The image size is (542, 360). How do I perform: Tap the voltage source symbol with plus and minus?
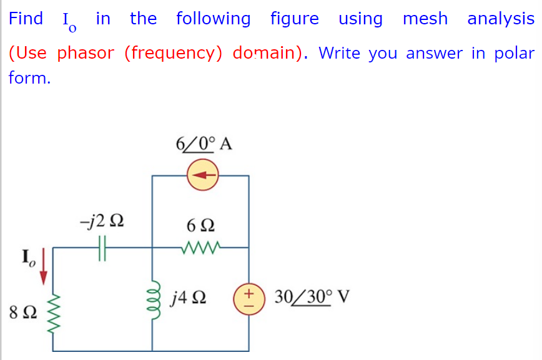tap(249, 299)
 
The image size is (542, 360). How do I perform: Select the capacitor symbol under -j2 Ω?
tap(104, 248)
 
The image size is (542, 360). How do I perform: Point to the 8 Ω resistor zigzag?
tap(54, 311)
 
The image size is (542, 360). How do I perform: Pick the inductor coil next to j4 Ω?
tap(153, 298)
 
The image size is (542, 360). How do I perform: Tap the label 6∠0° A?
tap(203, 144)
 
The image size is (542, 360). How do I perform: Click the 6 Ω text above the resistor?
tap(201, 223)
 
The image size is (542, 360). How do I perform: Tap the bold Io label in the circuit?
tap(29, 256)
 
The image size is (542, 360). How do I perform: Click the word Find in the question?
tap(26, 19)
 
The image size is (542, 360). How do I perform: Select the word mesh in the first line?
tap(425, 19)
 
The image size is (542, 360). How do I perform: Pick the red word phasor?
tap(86, 53)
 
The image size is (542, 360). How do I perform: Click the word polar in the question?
tap(514, 53)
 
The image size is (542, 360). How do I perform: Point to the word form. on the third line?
tap(29, 79)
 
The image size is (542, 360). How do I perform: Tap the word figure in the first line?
tap(293, 19)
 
